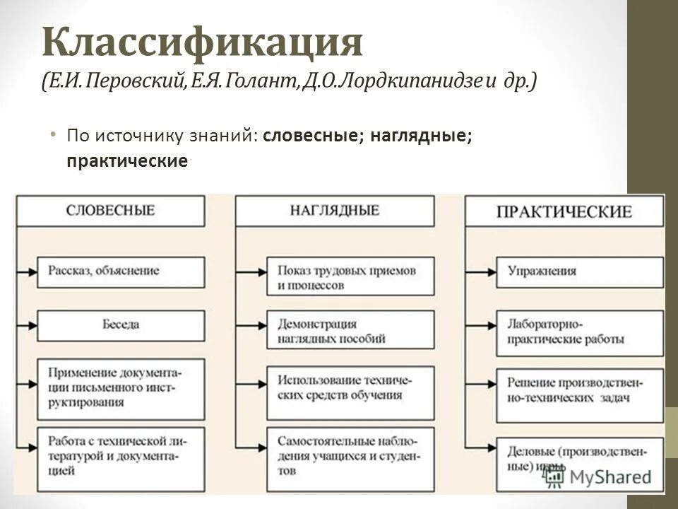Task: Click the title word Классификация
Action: pyautogui.click(x=203, y=44)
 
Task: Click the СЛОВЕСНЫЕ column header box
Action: pyautogui.click(x=111, y=211)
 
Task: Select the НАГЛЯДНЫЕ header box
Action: pyautogui.click(x=334, y=211)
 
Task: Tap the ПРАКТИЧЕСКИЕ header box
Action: pyautogui.click(x=564, y=211)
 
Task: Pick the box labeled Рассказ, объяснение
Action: pyautogui.click(x=121, y=271)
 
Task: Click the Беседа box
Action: pyautogui.click(x=121, y=325)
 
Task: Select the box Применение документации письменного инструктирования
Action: pyautogui.click(x=121, y=388)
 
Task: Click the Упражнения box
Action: pyautogui.click(x=580, y=271)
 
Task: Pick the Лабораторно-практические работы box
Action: pyautogui.click(x=580, y=332)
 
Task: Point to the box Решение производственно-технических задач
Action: pyautogui.click(x=580, y=390)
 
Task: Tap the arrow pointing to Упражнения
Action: pyautogui.click(x=485, y=271)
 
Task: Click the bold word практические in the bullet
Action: pyautogui.click(x=127, y=161)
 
